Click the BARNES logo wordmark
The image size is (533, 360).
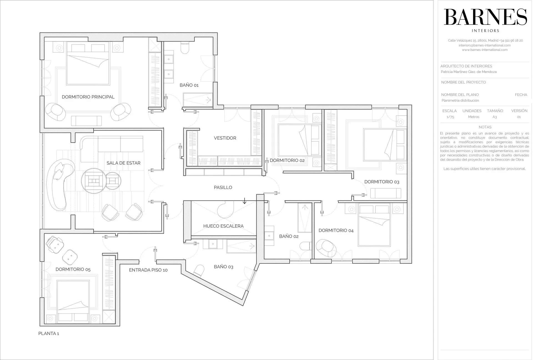coord(485,17)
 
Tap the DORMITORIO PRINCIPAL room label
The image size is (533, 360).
coord(88,97)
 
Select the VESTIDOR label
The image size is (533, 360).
coord(225,138)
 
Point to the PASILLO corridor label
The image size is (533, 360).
coord(223,187)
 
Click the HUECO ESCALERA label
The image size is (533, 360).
coord(223,226)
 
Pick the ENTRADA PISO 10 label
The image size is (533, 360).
coord(148,270)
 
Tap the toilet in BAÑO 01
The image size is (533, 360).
coord(185,48)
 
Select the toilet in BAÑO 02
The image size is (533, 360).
coord(305,246)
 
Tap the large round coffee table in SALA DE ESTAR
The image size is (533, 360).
coord(93,181)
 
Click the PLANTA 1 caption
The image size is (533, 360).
coord(49,333)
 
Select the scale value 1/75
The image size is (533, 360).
coord(450,117)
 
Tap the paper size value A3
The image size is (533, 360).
coord(494,117)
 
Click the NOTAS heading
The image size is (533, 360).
coord(485,127)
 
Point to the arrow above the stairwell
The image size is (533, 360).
coord(244,201)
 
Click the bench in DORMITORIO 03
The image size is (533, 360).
coord(386,193)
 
